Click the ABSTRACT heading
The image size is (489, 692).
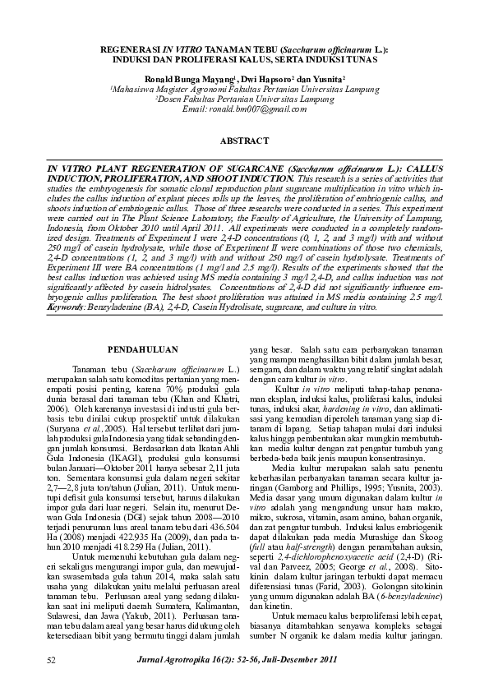pyautogui.click(x=244, y=141)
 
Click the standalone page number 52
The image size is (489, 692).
pyautogui.click(x=51, y=660)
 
